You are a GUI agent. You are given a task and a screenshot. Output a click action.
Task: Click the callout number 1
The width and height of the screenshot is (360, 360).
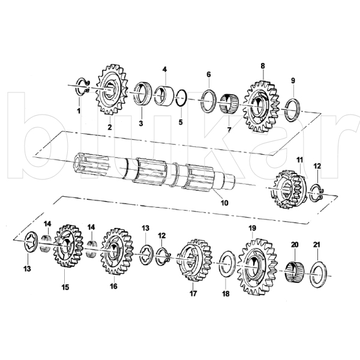(x=79, y=111)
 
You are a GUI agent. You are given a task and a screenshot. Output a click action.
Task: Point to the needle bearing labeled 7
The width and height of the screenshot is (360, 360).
(x=229, y=103)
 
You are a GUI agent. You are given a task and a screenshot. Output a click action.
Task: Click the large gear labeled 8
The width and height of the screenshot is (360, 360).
(x=262, y=106)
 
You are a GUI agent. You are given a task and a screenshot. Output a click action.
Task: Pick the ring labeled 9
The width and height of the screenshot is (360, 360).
(x=293, y=110)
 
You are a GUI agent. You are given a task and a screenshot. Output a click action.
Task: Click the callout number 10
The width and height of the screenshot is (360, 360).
(x=224, y=203)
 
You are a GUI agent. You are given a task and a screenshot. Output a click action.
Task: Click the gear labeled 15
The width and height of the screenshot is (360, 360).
(x=68, y=246)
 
